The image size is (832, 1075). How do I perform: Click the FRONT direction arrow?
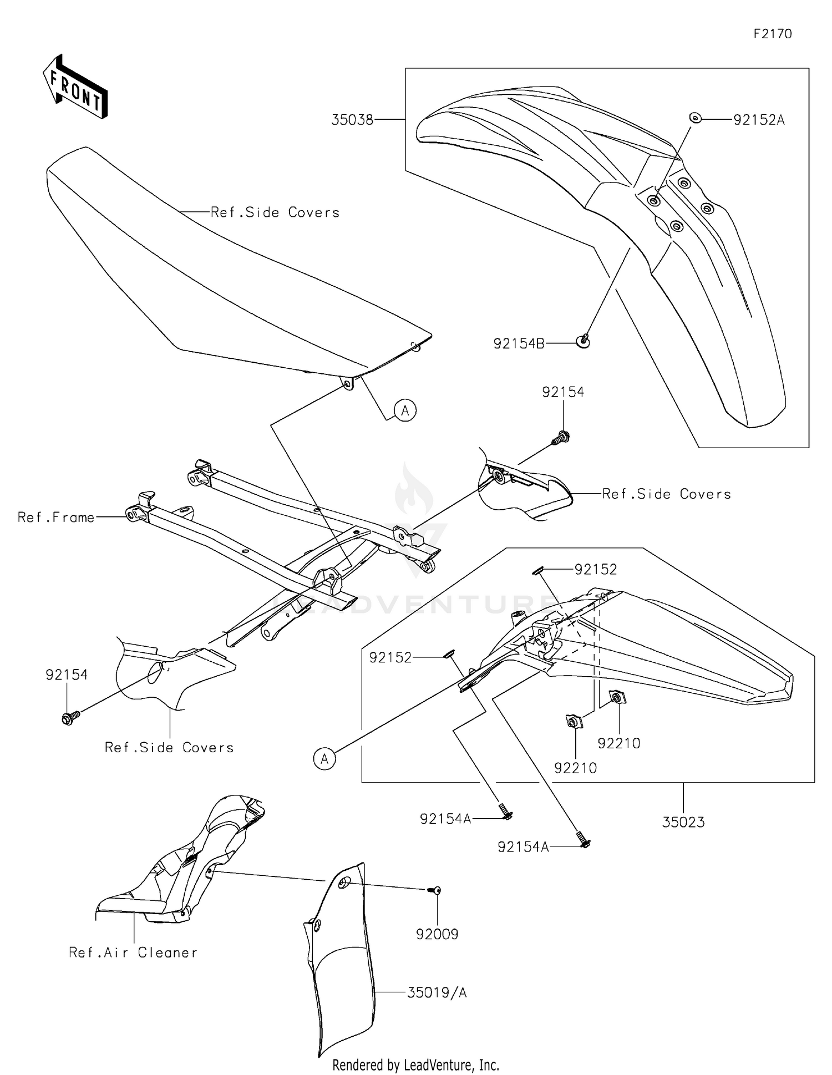(x=75, y=88)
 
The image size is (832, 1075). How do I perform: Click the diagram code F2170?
(x=773, y=34)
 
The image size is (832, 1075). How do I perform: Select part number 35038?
(x=352, y=120)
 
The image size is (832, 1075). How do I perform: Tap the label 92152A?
(x=759, y=120)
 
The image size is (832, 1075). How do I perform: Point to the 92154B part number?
(x=519, y=344)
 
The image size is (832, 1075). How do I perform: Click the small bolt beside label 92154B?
(x=584, y=341)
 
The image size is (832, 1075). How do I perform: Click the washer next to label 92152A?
(x=694, y=118)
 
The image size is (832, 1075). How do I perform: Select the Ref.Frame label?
(x=56, y=518)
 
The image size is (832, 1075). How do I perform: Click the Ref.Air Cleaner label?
(x=133, y=952)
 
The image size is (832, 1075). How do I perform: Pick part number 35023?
(x=683, y=822)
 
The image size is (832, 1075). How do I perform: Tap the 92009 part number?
(x=437, y=934)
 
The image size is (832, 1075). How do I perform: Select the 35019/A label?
(x=437, y=992)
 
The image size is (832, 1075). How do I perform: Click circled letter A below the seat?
(x=405, y=410)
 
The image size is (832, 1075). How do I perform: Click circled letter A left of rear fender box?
(x=324, y=758)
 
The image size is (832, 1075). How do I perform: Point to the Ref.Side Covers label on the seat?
(x=275, y=212)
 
